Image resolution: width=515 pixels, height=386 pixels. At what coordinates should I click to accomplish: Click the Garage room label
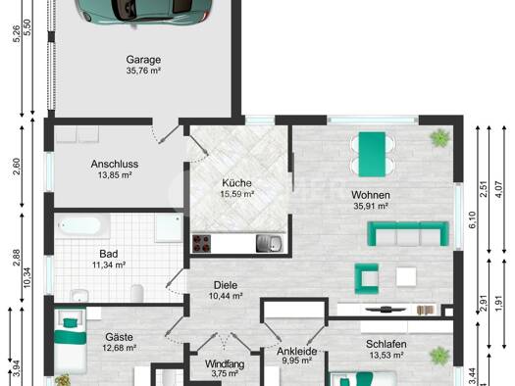pos(143,60)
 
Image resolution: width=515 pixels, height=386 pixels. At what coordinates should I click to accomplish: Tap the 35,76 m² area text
pos(143,71)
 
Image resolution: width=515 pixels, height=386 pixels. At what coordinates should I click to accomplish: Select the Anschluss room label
pos(115,164)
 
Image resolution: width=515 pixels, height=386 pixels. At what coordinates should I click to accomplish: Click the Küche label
pos(236,182)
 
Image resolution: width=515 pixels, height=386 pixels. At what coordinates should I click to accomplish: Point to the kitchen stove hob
pos(202,243)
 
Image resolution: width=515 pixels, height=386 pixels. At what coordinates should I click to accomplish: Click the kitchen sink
pos(269,243)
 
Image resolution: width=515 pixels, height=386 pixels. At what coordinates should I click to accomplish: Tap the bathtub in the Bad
pos(82,225)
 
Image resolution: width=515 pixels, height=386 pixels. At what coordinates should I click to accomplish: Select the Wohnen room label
pos(371,195)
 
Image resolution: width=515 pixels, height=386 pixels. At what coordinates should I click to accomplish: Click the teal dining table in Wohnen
pos(372,155)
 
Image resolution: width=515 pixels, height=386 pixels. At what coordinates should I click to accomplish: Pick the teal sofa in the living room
pos(408,233)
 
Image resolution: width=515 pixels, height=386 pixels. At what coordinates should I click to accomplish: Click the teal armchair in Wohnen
pos(367,279)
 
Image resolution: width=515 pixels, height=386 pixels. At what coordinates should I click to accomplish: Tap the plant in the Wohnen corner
pos(440,137)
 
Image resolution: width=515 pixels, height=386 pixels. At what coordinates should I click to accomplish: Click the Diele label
pos(226,285)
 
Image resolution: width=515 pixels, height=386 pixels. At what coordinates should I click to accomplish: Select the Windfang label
pos(225,364)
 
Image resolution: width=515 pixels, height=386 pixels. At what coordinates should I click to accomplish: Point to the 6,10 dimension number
pos(472,220)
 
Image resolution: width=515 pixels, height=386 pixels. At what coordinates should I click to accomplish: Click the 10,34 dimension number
pos(26,278)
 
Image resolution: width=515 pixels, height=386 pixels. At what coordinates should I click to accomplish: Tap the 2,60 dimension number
pos(17,167)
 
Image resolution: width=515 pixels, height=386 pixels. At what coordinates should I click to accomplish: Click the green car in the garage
pos(143,12)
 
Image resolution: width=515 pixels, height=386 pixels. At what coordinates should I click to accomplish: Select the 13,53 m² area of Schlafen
pos(386,355)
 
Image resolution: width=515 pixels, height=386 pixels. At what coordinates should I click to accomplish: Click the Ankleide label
pos(297,352)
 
